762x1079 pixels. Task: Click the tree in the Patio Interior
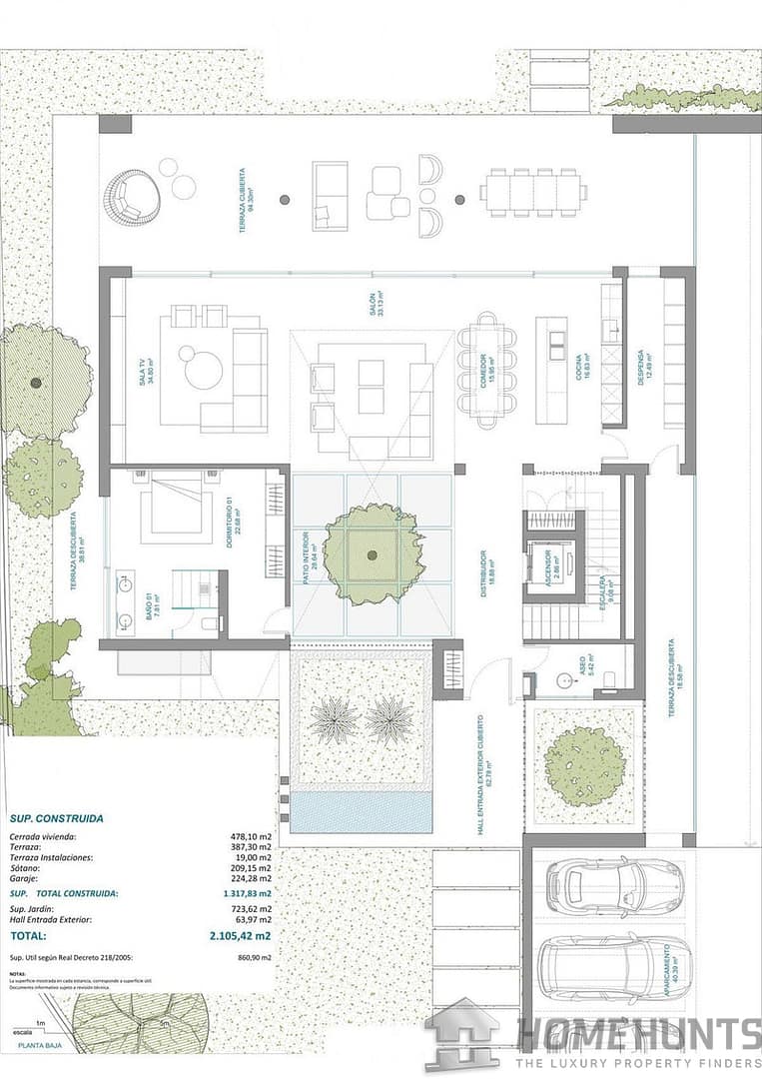(372, 553)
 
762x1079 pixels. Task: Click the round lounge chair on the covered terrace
(133, 196)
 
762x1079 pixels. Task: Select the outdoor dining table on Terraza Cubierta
(533, 192)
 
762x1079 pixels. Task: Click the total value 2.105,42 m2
(240, 936)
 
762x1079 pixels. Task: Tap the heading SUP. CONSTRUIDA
(56, 817)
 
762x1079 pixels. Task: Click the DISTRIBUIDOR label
(482, 572)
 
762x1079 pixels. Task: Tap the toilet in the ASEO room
(609, 681)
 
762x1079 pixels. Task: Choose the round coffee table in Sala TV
(204, 369)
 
